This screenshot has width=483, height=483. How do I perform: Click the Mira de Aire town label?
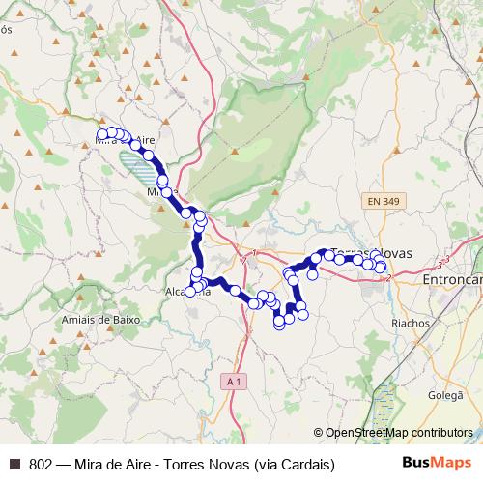127,140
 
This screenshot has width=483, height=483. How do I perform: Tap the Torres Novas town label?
371,253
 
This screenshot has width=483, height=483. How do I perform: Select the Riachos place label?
410,323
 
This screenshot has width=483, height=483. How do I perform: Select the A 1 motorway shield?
233,383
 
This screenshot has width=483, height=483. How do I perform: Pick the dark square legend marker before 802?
14,464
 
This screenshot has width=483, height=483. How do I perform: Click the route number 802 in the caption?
41,464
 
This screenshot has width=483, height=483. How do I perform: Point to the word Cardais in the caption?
304,464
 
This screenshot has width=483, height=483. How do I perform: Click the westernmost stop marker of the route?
102,134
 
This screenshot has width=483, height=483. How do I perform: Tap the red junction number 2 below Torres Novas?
388,278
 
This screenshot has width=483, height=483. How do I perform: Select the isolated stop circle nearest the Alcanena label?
190,291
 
